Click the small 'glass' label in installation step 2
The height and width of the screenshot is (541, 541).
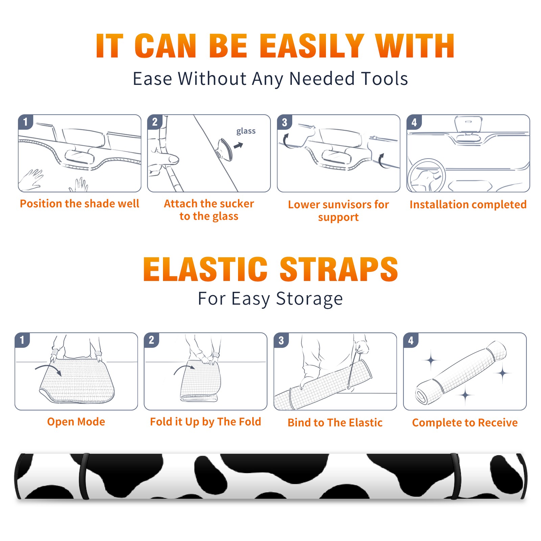tap(246, 131)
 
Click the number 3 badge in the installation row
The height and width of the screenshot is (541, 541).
tap(284, 122)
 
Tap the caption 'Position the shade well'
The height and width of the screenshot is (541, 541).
tap(79, 204)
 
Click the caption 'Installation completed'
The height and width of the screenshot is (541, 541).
tap(468, 205)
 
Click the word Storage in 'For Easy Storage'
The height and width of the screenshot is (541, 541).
tap(309, 299)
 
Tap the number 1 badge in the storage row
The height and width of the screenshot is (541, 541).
tap(22, 340)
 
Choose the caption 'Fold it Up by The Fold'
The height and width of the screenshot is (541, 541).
tap(206, 422)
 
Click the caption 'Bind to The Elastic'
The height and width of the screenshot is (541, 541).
tap(335, 423)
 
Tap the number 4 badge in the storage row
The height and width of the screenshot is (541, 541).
tap(411, 340)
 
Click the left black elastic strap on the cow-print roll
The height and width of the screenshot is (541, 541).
tap(84, 476)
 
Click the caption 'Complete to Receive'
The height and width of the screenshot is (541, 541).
tap(465, 423)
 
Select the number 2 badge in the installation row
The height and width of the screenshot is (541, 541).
tap(155, 122)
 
